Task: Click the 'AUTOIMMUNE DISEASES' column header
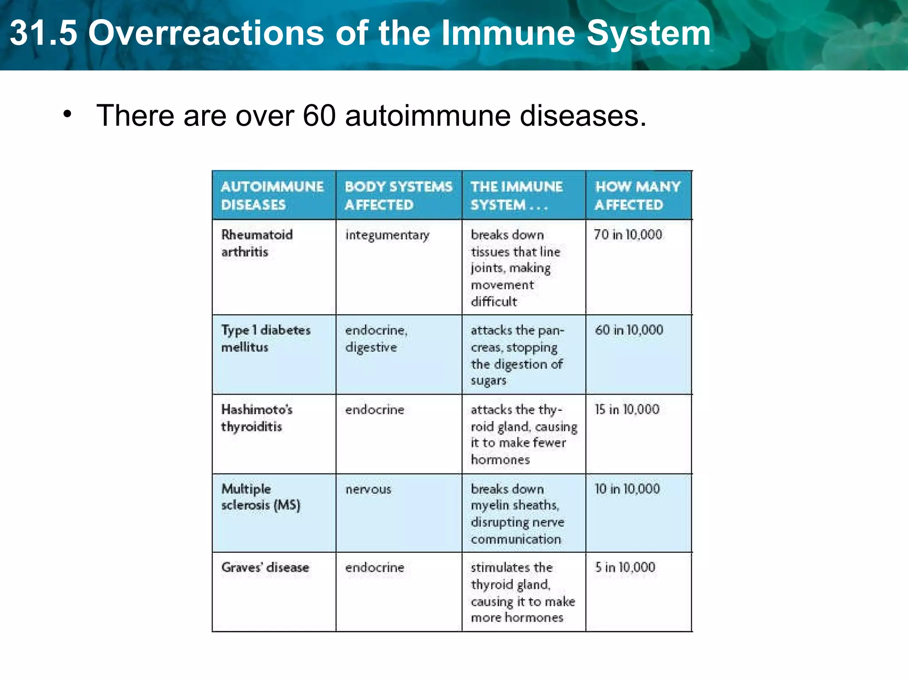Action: coord(272,196)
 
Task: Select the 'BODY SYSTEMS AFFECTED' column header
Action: coord(398,196)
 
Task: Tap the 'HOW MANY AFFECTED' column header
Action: coord(637,196)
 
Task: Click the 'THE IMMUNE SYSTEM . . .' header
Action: coord(517,196)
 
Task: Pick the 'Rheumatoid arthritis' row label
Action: coord(257,243)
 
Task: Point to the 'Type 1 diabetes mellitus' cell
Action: coord(266,338)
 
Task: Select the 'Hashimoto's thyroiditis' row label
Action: coord(257,418)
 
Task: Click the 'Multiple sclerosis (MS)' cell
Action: coord(261,497)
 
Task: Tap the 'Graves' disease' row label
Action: coord(265,567)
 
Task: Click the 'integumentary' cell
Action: coord(387,235)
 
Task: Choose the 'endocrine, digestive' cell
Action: coord(376,338)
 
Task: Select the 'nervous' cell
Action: coord(368,489)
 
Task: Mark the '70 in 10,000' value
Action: coord(628,235)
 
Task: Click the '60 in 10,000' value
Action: coord(629,330)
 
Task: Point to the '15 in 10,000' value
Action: coord(627,409)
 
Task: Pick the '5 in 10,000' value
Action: coord(625,567)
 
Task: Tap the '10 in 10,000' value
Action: coord(627,489)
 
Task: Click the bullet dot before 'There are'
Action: coord(67,114)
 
